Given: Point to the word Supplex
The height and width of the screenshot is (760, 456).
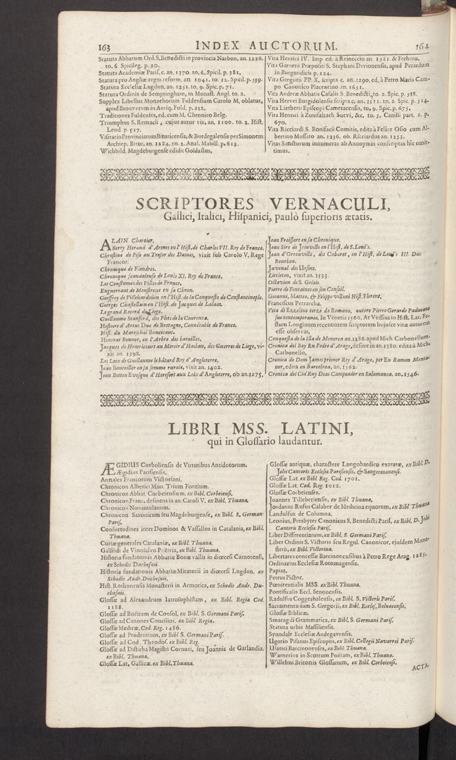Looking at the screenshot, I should (x=110, y=101).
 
